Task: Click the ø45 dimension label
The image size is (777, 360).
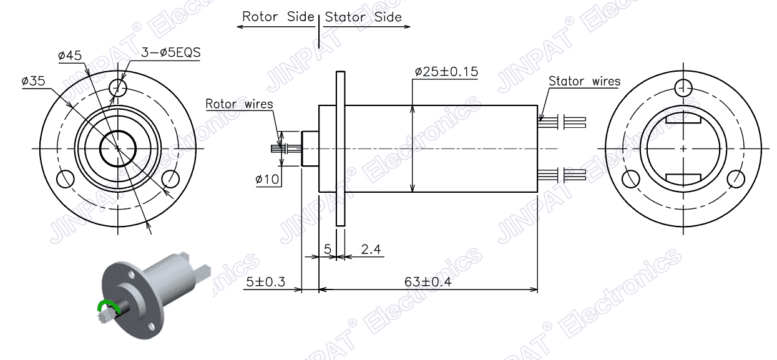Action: tap(70, 56)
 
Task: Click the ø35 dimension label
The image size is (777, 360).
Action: tap(33, 81)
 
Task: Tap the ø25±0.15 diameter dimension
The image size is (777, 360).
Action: tap(447, 72)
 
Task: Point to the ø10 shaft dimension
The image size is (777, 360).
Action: tap(267, 180)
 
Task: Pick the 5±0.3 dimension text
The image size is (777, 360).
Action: tap(265, 282)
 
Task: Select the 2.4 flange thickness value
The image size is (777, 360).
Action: tap(371, 250)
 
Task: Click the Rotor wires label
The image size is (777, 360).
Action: tap(240, 104)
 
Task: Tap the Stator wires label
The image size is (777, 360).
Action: tap(584, 81)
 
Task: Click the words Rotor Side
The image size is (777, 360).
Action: tap(278, 17)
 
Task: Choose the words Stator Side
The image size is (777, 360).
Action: tap(363, 17)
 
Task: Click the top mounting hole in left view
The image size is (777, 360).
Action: tap(118, 85)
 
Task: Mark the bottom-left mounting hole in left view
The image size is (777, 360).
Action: tap(65, 179)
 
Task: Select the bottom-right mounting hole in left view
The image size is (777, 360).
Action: tap(170, 179)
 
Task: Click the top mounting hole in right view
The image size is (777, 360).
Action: tap(684, 87)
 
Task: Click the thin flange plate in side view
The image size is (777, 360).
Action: tap(340, 148)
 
